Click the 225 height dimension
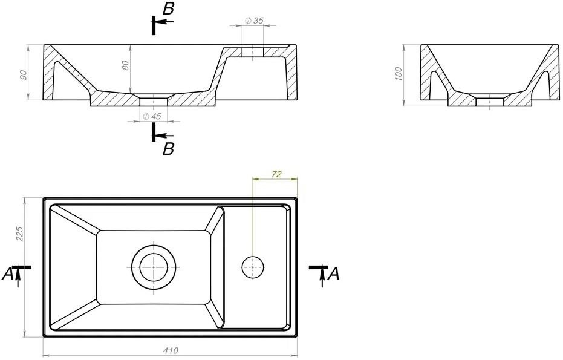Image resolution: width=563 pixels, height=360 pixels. tap(19, 234)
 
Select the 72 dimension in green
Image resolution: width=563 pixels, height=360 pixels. tap(276, 174)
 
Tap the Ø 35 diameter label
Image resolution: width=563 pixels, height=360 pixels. tap(254, 21)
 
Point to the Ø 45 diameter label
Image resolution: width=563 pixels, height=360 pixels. tap(152, 116)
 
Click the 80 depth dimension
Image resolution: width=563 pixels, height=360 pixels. tap(125, 65)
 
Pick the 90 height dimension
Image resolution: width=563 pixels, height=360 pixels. tap(23, 75)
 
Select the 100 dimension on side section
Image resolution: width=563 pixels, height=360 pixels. tap(399, 74)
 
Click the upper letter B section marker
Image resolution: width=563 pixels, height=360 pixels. tap(168, 10)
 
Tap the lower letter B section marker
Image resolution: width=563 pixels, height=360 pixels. tap(168, 149)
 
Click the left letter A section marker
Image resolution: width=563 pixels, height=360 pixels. tap(7, 273)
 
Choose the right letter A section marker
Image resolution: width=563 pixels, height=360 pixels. tap(334, 273)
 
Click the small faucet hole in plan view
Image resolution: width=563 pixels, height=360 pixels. tap(253, 267)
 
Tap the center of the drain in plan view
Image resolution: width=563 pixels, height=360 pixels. tap(154, 267)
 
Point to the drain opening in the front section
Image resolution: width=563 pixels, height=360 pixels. tap(154, 101)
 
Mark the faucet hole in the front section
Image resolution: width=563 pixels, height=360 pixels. tap(253, 52)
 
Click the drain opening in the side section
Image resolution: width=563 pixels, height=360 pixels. tap(490, 101)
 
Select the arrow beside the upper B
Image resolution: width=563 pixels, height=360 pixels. tap(166, 22)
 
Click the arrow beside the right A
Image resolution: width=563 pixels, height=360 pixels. tap(323, 278)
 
